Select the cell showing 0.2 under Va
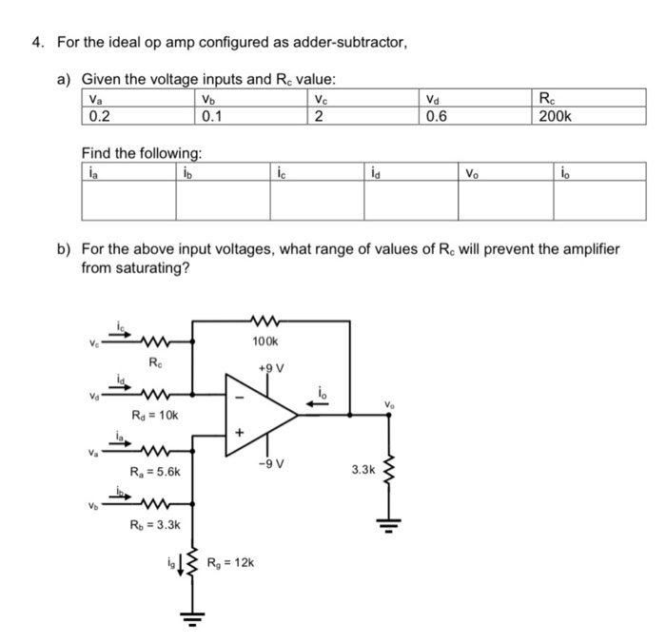tap(98, 116)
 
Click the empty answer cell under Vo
tap(505, 200)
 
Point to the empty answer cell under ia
tap(128, 200)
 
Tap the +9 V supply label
tap(272, 367)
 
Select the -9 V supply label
tap(272, 463)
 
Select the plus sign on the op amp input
tap(240, 435)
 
